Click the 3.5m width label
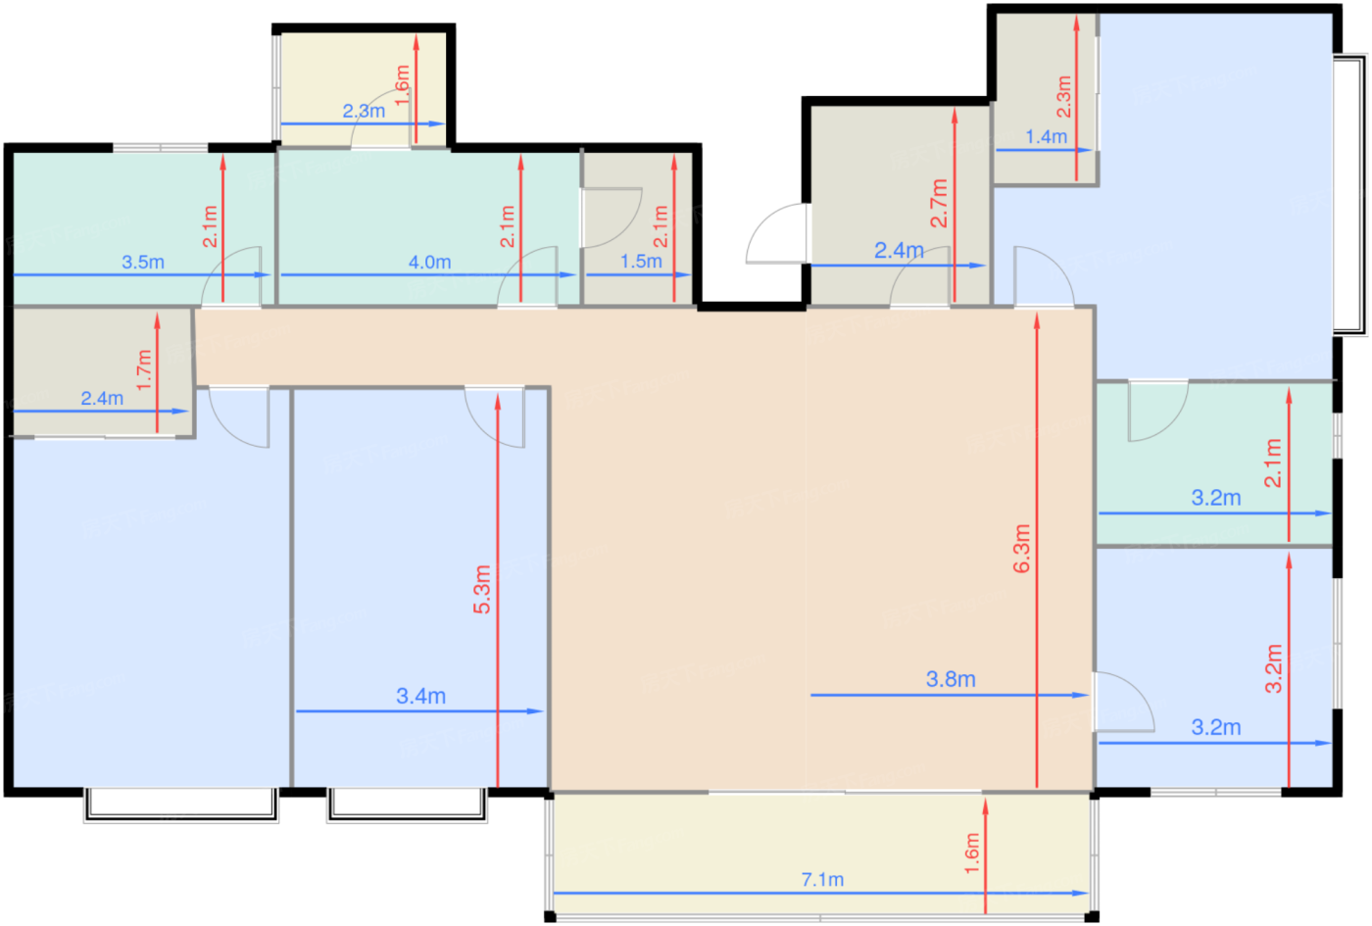(x=143, y=263)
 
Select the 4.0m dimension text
(x=429, y=263)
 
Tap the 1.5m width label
(x=641, y=262)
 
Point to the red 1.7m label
(x=143, y=370)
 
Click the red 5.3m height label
(x=482, y=589)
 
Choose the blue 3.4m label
(x=420, y=697)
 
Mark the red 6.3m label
(x=1021, y=549)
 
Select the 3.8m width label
(x=951, y=679)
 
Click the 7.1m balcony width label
(x=822, y=880)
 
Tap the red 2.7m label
(x=939, y=203)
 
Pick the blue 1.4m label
(x=1047, y=136)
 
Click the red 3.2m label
(x=1274, y=668)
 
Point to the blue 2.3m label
(x=364, y=111)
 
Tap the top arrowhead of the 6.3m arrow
(x=1037, y=321)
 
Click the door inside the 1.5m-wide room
(x=611, y=218)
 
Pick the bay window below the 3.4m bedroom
(x=408, y=804)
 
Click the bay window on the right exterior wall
(x=1350, y=195)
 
